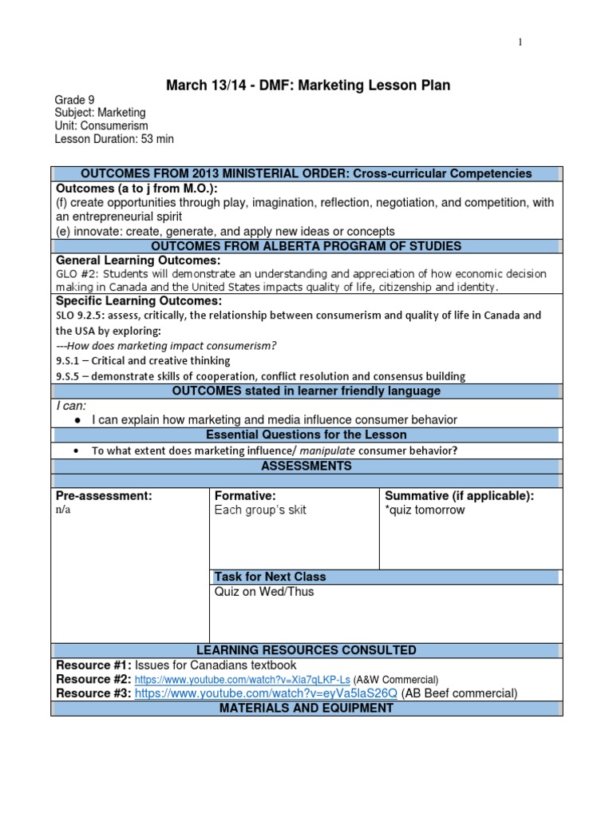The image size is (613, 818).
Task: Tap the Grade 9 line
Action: (74, 101)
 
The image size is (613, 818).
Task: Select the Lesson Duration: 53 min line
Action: (113, 139)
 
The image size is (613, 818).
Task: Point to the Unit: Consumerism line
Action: (101, 126)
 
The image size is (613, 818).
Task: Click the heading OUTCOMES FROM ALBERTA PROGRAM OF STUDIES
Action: (306, 246)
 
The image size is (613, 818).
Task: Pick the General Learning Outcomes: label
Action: (137, 260)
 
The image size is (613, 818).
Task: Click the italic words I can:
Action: (70, 406)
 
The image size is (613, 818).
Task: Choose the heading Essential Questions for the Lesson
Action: (306, 435)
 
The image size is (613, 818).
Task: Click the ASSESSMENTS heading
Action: (306, 466)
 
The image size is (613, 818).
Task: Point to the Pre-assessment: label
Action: (104, 496)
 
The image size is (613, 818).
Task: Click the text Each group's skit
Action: (260, 510)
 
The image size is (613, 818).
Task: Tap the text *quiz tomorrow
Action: (425, 510)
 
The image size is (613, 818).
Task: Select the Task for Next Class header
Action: (270, 577)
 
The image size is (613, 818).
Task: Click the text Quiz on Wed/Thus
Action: (264, 592)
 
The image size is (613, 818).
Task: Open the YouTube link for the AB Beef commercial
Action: (266, 693)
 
